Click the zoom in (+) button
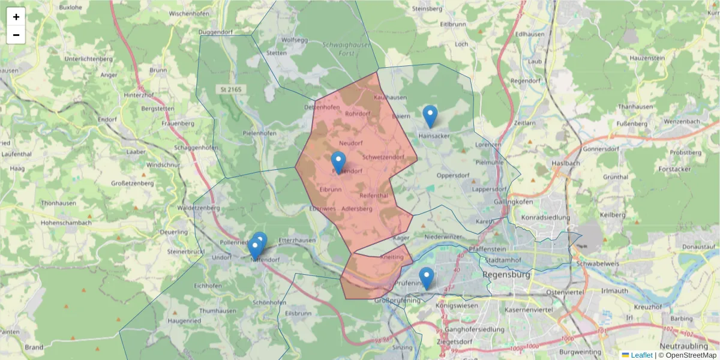(x=16, y=17)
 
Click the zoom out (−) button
(x=16, y=35)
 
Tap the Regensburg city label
(x=506, y=275)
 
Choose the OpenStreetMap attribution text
(x=691, y=355)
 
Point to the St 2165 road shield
(x=232, y=89)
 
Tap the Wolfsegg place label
(x=294, y=40)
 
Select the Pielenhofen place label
(x=260, y=133)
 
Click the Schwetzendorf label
(x=383, y=157)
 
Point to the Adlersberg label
(x=356, y=209)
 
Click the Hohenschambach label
(x=66, y=223)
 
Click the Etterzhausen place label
(x=297, y=239)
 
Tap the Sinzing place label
(x=402, y=347)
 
